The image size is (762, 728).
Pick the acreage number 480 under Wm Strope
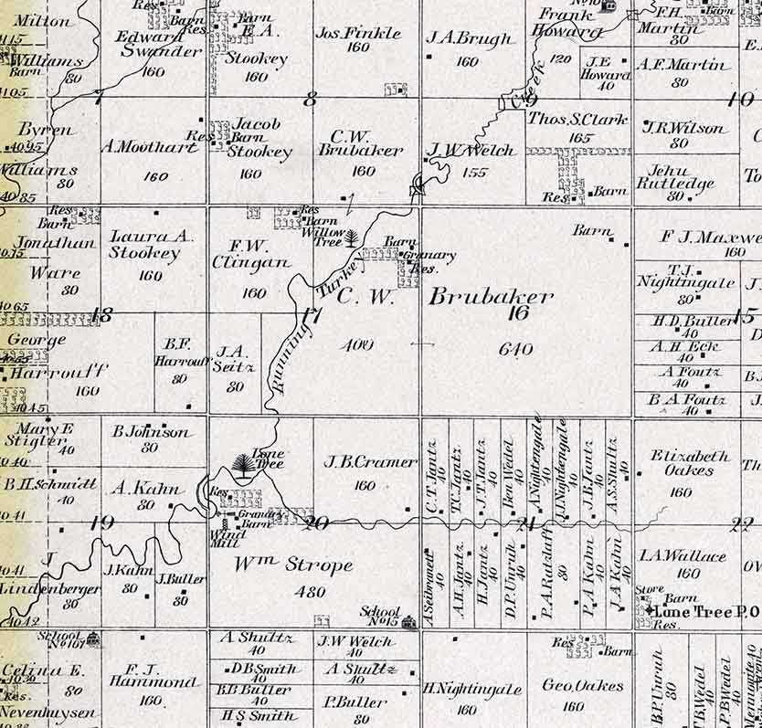(310, 592)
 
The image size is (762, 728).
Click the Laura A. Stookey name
(151, 246)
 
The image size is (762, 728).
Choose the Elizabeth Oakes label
(691, 463)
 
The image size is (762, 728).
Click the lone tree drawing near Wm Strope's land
(244, 468)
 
